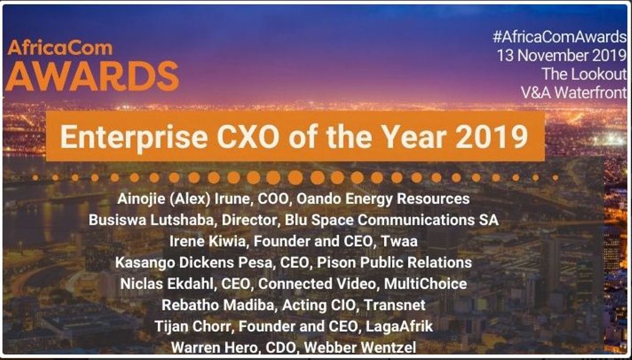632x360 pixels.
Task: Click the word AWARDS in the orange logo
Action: (92, 76)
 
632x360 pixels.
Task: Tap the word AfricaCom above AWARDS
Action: (60, 48)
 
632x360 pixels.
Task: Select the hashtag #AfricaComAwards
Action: (560, 37)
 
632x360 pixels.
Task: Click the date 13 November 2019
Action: (562, 55)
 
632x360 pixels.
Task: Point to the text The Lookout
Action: (584, 74)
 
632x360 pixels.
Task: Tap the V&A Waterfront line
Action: (574, 93)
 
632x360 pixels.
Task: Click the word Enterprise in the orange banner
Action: (134, 137)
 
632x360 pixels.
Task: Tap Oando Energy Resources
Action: (383, 199)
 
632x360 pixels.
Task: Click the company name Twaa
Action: (399, 241)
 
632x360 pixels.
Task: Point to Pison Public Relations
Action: (394, 263)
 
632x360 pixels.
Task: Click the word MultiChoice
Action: (426, 284)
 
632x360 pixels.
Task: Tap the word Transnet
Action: (394, 305)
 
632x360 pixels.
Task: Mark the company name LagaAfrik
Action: (399, 327)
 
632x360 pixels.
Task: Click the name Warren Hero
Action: (214, 347)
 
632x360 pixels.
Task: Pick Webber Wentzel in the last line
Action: (360, 347)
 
